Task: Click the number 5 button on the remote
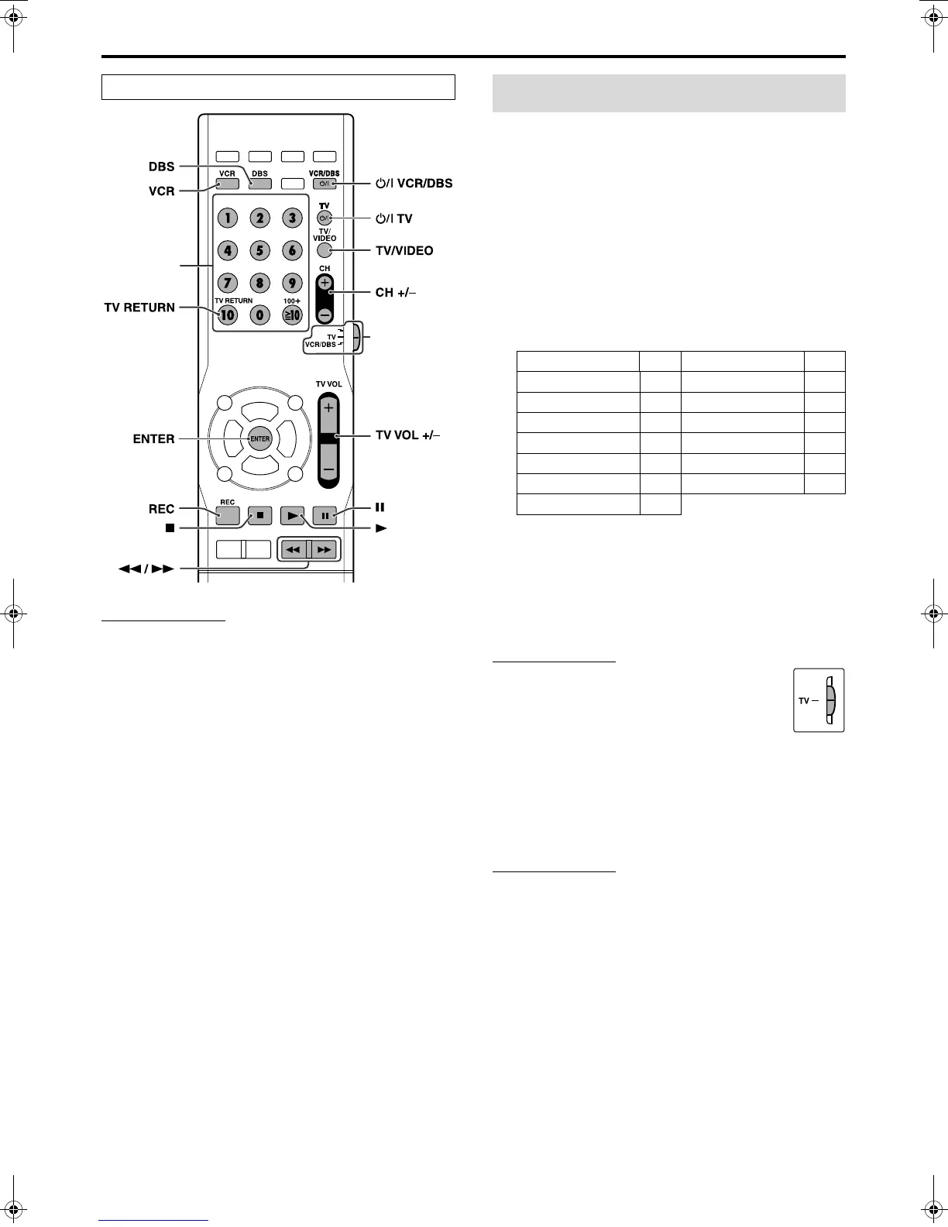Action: pos(259,250)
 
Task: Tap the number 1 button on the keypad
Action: pos(228,218)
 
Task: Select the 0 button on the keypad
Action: pos(259,315)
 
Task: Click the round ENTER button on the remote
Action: pos(259,438)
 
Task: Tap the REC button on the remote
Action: pos(227,514)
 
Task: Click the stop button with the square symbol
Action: pos(260,514)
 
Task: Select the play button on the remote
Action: pos(292,514)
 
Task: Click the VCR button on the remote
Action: pos(227,184)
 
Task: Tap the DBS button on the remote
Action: pos(259,184)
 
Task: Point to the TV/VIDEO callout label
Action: pos(404,251)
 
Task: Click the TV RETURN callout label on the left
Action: pos(139,308)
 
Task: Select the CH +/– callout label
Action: pos(395,293)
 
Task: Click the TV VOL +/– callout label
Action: pos(407,435)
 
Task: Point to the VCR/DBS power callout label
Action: pos(414,184)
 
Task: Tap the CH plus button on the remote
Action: pos(325,283)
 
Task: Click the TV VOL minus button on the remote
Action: pos(328,469)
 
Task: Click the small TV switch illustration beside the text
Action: pos(819,700)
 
